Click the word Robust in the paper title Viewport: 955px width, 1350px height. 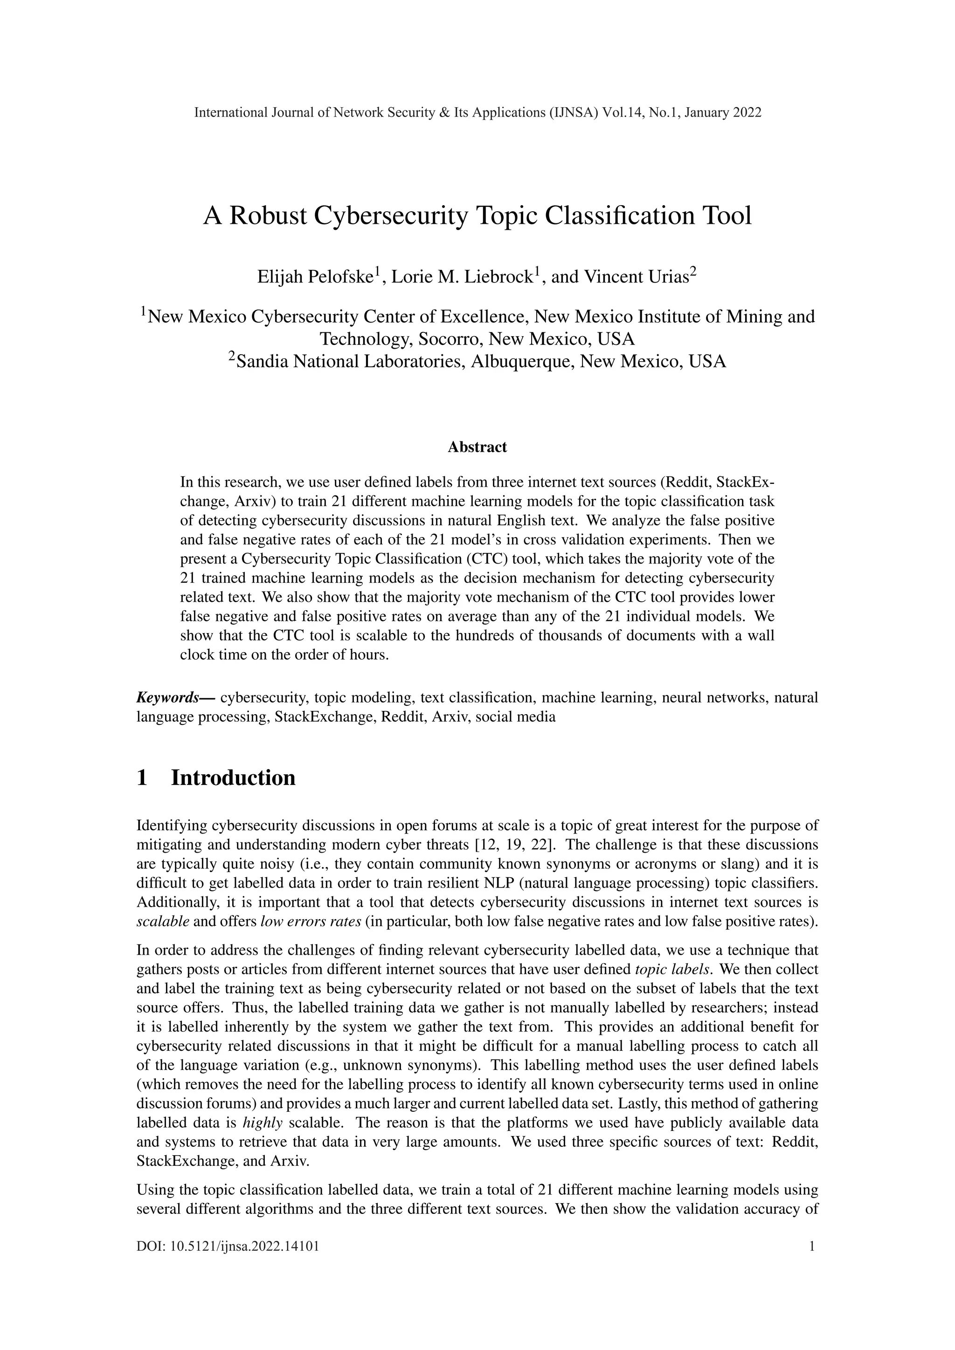coord(269,216)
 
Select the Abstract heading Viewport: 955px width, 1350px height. coord(477,447)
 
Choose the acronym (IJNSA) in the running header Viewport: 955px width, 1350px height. coord(573,112)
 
